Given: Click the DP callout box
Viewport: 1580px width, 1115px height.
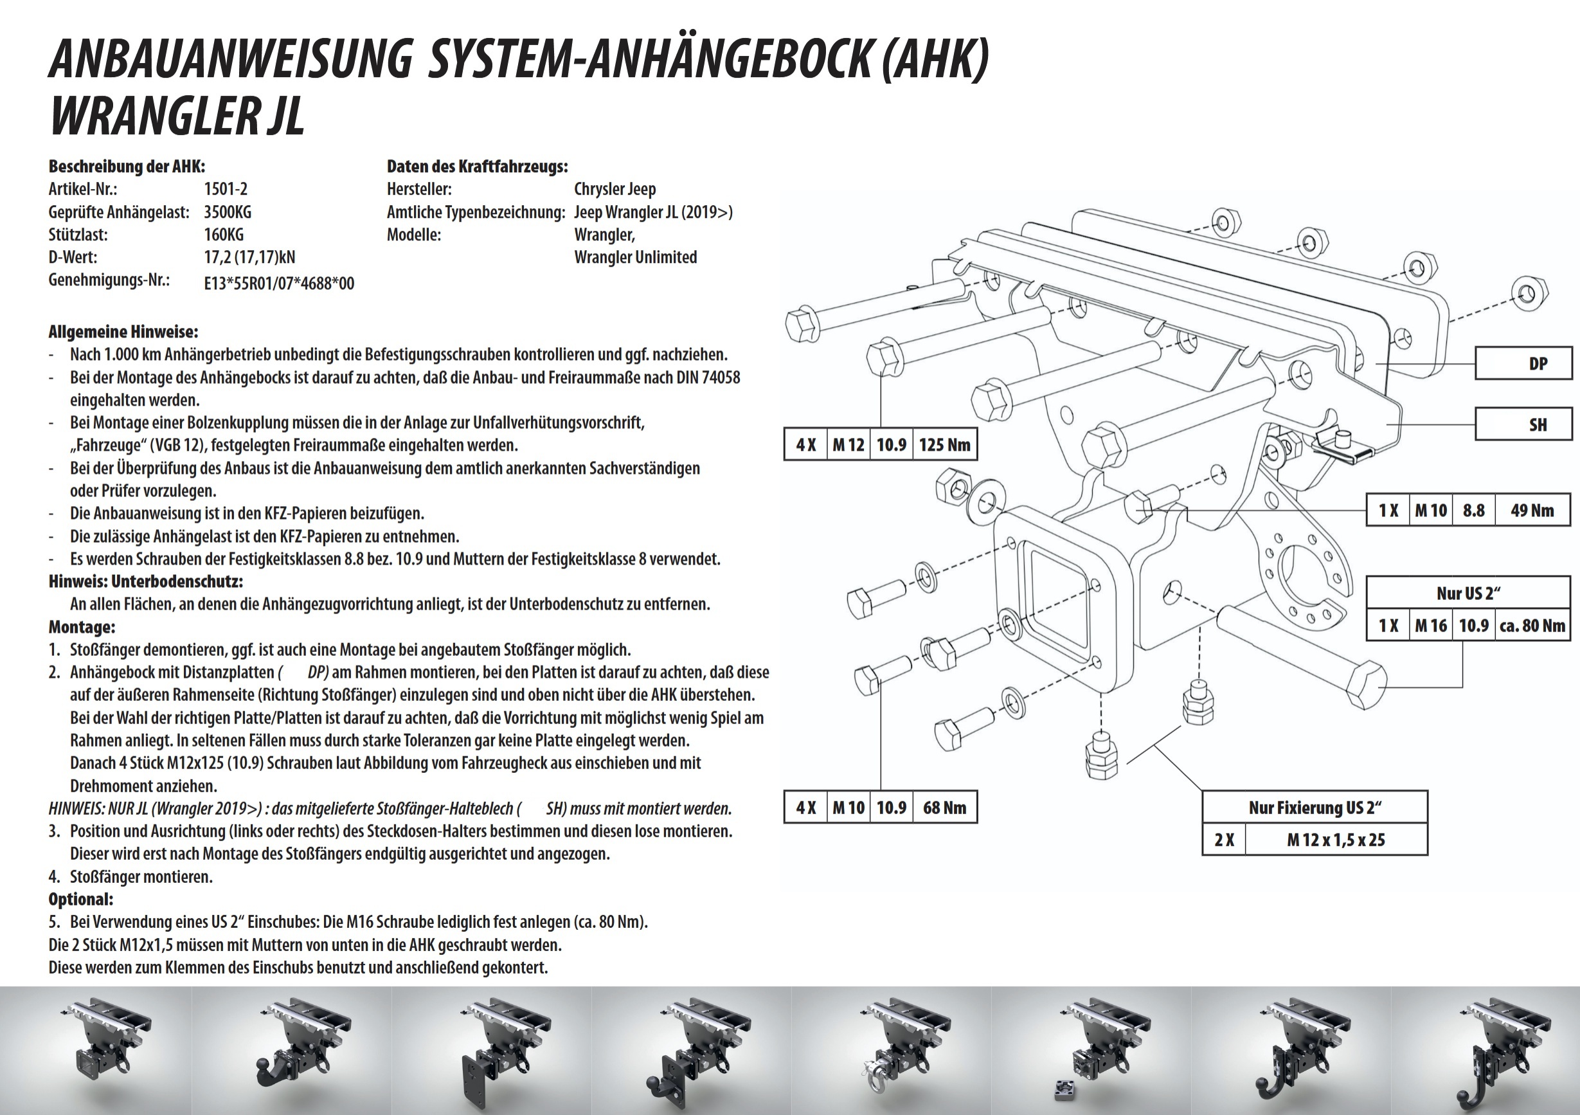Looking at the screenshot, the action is point(1523,363).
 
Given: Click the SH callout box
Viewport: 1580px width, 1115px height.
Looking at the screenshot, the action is point(1523,424).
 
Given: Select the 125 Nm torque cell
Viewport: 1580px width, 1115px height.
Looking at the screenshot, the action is point(945,444).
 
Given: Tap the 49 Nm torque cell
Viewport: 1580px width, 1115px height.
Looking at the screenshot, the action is point(1532,510).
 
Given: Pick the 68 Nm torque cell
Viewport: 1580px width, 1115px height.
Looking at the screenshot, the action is point(945,808).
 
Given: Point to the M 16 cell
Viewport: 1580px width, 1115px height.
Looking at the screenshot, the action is point(1432,625).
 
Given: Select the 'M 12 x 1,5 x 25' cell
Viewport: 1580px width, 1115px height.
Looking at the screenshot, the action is point(1336,840).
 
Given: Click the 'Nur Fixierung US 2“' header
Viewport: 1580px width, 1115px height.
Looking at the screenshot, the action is point(1315,808).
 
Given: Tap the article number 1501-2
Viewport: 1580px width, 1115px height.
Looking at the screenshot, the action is point(226,188).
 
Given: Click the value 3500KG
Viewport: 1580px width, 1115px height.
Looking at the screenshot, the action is point(228,212).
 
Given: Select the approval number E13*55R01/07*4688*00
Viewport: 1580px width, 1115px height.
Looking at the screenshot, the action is point(280,283).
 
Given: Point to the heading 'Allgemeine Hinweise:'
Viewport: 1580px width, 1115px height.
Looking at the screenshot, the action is point(123,332).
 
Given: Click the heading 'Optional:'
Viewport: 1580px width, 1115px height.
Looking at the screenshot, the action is point(81,899).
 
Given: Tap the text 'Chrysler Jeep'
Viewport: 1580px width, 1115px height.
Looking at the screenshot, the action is point(615,188).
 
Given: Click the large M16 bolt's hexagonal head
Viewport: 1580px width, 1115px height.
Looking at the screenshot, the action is point(1365,685).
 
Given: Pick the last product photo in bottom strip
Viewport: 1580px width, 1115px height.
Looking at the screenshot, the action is point(1485,1050).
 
